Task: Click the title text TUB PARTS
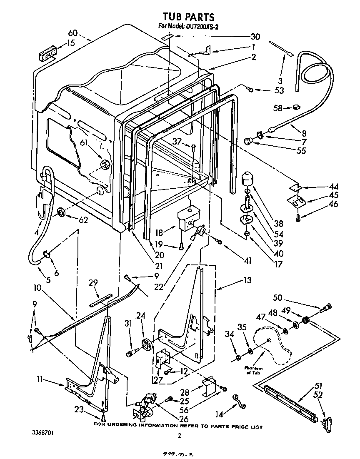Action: coord(188,17)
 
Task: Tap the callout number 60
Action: coord(73,33)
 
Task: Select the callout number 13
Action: coord(247,280)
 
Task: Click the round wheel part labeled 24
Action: coord(147,345)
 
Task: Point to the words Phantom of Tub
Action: coord(253,370)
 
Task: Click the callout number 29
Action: coord(93,283)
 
